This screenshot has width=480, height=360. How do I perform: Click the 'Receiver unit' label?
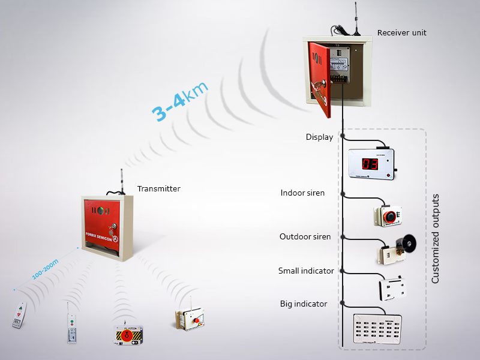coord(401,32)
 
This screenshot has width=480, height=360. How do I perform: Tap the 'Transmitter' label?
coord(158,188)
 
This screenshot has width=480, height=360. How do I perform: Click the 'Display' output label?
coord(319,137)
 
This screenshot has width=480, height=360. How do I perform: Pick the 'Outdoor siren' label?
coord(305,236)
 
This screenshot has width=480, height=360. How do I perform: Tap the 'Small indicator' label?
coord(306,271)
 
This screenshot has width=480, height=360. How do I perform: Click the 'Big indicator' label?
coord(304,304)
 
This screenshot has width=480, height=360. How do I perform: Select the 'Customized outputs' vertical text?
coord(436,238)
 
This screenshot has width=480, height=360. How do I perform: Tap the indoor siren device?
coord(389,214)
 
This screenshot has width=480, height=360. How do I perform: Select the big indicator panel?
coord(377,329)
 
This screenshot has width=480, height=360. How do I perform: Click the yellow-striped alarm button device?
coord(129,334)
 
